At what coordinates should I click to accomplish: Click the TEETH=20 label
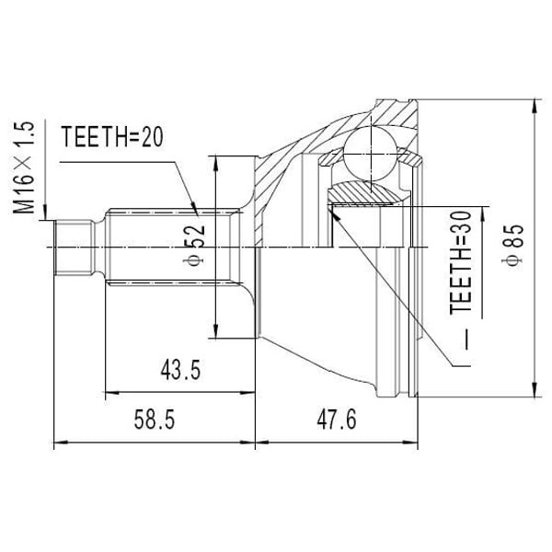pos(111,138)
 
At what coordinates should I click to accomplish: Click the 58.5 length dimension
pos(155,420)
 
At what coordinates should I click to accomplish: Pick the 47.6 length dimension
pos(337,420)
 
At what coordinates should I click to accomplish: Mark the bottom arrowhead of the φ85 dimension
pos(535,393)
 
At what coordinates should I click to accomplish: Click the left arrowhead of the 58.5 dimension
pos(61,443)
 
